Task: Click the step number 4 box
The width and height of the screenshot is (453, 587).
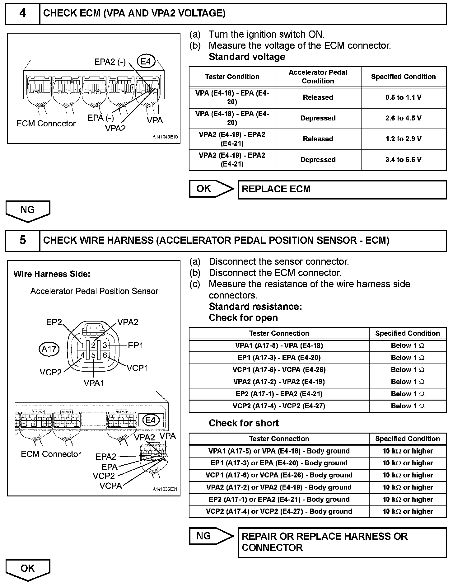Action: point(23,13)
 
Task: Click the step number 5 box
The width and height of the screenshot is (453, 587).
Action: point(23,241)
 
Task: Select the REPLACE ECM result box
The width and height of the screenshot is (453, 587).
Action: point(342,189)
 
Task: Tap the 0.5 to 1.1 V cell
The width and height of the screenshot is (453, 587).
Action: point(403,98)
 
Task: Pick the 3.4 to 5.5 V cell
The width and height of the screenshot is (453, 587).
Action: point(403,160)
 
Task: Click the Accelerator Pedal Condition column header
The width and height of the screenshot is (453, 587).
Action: point(318,77)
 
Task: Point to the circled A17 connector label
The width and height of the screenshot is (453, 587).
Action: point(49,349)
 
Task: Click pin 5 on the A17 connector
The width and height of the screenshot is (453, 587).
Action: point(93,355)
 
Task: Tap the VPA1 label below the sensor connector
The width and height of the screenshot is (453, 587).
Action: point(94,383)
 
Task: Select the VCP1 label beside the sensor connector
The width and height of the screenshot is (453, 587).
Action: point(138,368)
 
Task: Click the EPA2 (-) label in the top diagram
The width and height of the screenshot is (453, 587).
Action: point(110,62)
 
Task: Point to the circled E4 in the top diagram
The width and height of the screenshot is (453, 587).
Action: point(146,61)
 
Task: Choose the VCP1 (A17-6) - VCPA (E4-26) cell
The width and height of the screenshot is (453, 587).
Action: point(279,370)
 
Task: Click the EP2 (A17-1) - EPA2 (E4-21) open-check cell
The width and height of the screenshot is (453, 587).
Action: point(279,394)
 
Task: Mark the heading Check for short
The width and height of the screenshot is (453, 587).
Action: point(244,423)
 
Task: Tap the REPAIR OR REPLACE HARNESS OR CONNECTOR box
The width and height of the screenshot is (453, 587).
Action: point(342,542)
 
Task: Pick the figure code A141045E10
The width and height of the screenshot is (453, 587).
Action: point(165,137)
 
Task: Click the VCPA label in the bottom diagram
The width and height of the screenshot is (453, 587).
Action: point(111,486)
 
